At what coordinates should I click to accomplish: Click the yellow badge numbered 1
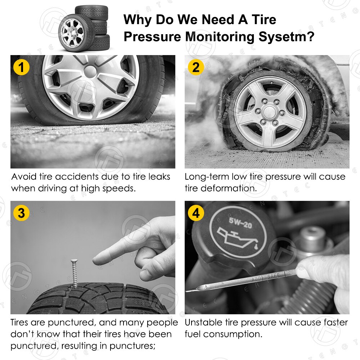coord(21,67)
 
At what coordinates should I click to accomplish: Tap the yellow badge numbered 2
coord(195,67)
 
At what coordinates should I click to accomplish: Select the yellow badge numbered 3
coord(21,213)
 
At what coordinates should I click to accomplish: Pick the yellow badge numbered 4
coord(195,213)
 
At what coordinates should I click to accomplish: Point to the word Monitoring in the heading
coord(216,37)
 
